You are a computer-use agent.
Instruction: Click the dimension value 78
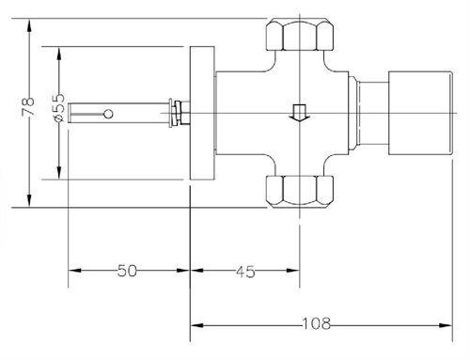click(27, 107)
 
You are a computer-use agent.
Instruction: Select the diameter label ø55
click(58, 107)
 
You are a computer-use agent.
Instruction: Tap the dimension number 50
click(127, 271)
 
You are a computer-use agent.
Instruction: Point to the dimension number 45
click(245, 272)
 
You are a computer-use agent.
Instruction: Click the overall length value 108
click(317, 323)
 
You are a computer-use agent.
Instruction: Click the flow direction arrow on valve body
click(299, 113)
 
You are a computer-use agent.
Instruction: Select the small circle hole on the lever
click(108, 114)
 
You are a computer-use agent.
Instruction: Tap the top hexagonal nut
click(299, 35)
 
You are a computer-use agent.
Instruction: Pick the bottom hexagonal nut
click(299, 191)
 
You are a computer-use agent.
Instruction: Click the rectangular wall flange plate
click(202, 113)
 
